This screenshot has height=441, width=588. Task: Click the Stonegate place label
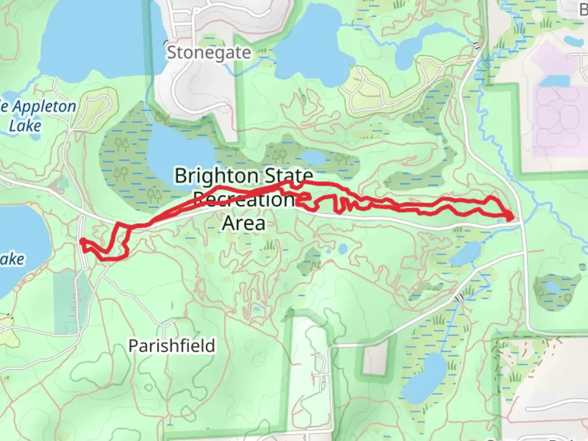point(209,53)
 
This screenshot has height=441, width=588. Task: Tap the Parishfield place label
point(171,346)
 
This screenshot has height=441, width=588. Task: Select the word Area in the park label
point(243,223)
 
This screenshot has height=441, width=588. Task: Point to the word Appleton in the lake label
point(44,107)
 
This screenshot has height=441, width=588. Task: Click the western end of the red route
point(82,241)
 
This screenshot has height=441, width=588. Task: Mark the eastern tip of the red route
point(512,217)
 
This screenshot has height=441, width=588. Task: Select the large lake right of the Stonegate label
point(310,41)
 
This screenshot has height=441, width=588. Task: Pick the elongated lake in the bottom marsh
point(423,376)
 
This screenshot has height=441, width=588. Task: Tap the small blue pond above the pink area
point(573,41)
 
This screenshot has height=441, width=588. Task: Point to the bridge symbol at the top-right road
point(477,45)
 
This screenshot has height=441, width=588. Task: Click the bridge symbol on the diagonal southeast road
point(459,297)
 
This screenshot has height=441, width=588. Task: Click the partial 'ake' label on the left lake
point(12,259)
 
